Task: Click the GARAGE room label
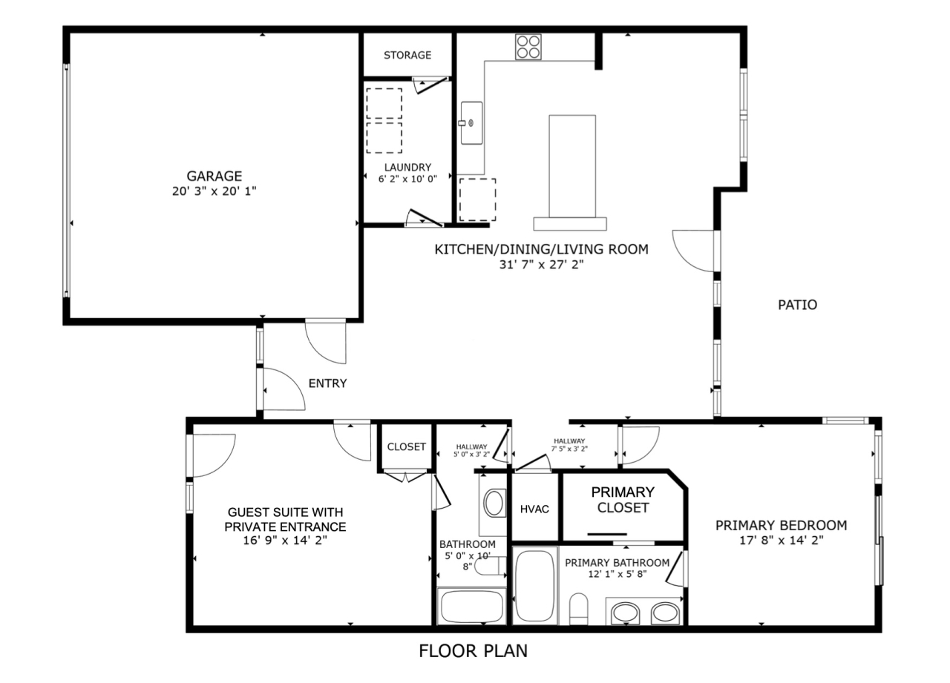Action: [x=214, y=176]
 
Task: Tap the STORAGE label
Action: [x=407, y=56]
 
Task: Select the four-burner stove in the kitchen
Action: [x=528, y=47]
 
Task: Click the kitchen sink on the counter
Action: [x=471, y=123]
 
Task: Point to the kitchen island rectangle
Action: [x=571, y=166]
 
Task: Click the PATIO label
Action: [x=797, y=305]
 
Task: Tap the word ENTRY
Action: [x=327, y=383]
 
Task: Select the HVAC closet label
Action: [x=534, y=509]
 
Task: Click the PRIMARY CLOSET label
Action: [x=623, y=500]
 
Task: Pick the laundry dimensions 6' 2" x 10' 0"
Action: [x=407, y=179]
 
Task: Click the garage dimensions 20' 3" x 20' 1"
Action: [x=214, y=191]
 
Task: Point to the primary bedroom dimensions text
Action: [x=781, y=541]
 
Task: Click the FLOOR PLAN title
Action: [x=474, y=651]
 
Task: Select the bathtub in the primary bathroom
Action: [x=534, y=586]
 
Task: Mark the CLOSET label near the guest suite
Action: [x=407, y=447]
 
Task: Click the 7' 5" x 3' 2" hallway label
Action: [x=569, y=445]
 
